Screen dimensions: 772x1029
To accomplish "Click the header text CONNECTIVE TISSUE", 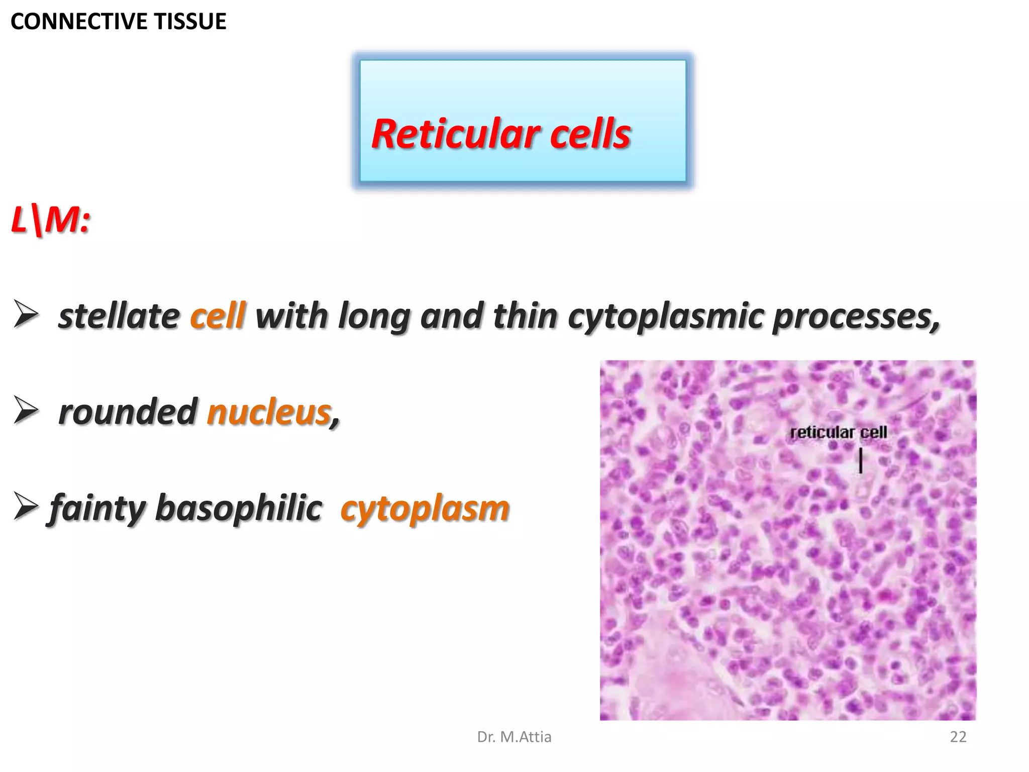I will point(118,22).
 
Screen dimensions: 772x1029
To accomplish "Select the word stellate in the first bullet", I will point(119,316).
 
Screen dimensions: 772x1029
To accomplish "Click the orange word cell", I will point(218,316).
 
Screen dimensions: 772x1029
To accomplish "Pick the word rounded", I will point(128,412).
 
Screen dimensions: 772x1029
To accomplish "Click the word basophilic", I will point(239,508).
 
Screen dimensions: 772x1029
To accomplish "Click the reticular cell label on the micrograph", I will point(838,432).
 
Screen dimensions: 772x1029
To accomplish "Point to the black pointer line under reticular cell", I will point(861,461).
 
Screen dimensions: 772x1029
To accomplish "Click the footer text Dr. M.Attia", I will point(514,737).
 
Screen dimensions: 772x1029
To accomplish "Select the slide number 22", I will point(958,737).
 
